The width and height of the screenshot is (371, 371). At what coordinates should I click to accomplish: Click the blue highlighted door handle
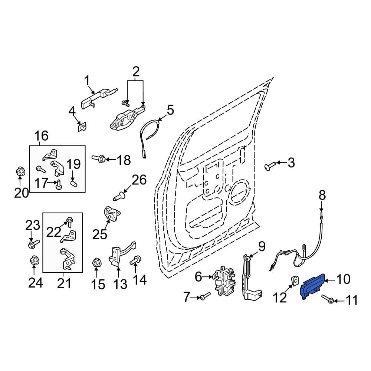pos(312,286)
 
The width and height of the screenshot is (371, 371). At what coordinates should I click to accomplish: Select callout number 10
pos(343,279)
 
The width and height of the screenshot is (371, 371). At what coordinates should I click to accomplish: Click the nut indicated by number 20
pos(20,171)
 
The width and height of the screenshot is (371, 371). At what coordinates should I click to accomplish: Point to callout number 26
pos(139,180)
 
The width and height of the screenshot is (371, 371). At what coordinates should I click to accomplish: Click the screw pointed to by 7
pos(205,296)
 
